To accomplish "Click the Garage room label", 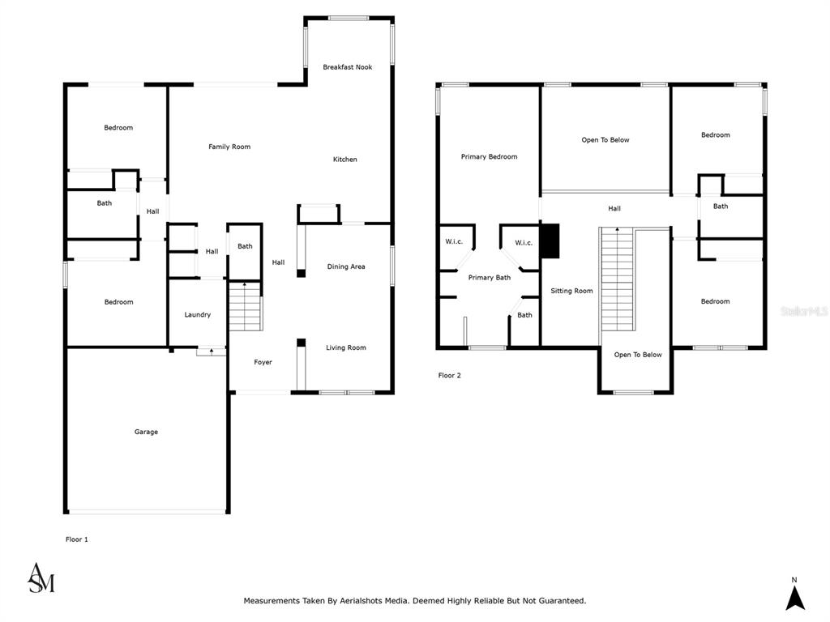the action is pyautogui.click(x=146, y=432).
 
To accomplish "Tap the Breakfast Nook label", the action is pyautogui.click(x=347, y=67).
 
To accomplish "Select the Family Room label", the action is pyautogui.click(x=229, y=147).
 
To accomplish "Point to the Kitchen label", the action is pyautogui.click(x=344, y=160).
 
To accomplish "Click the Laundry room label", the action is pyautogui.click(x=198, y=315).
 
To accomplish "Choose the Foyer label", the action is pyautogui.click(x=263, y=362).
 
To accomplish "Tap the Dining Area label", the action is pyautogui.click(x=345, y=266).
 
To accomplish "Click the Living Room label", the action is pyautogui.click(x=345, y=347).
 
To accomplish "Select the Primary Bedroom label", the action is pyautogui.click(x=489, y=156).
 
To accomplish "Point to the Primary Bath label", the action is pyautogui.click(x=489, y=278).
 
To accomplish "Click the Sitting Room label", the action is pyautogui.click(x=571, y=291).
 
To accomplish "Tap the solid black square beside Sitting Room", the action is pyautogui.click(x=550, y=241).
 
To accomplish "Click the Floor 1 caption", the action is pyautogui.click(x=77, y=539).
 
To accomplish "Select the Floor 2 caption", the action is pyautogui.click(x=449, y=376).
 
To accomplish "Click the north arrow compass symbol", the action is pyautogui.click(x=794, y=594).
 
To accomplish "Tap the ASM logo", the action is pyautogui.click(x=41, y=578).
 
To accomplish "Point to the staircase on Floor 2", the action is pyautogui.click(x=617, y=279).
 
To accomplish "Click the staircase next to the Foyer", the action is pyautogui.click(x=245, y=307).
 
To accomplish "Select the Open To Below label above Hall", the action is pyautogui.click(x=605, y=140).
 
